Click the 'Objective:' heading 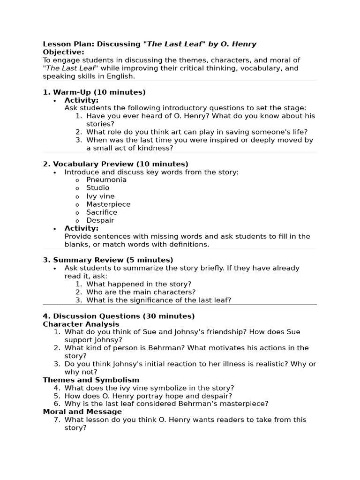(64, 52)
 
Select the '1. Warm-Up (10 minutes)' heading (94, 92)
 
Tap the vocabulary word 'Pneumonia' (106, 180)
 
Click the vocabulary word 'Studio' (97, 188)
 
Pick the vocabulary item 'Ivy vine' (100, 196)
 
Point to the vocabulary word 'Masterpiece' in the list (108, 204)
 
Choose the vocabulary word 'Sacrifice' (102, 212)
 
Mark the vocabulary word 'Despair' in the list (100, 220)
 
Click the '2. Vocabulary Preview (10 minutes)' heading (115, 164)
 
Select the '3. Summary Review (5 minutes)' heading (108, 260)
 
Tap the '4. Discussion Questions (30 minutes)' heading (119, 316)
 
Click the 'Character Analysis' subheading (81, 324)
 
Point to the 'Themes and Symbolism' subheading (91, 380)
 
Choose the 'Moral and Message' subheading (82, 412)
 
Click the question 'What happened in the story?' (139, 284)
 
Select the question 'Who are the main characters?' (141, 292)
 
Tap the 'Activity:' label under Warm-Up (82, 100)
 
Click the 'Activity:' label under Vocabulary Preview (82, 228)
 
